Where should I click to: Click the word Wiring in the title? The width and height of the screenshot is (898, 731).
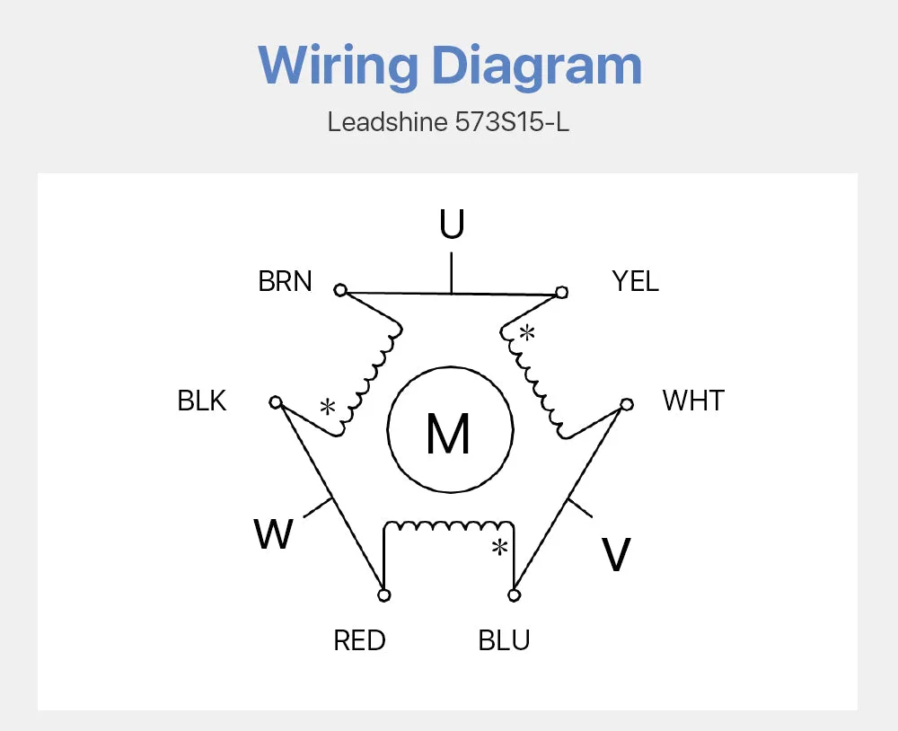tap(338, 66)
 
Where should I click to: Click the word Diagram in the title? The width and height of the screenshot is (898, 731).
tap(537, 66)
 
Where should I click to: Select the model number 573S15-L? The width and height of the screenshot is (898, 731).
tap(512, 122)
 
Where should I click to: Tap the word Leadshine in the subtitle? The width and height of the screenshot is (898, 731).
tap(387, 122)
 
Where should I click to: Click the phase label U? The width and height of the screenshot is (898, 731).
tap(452, 224)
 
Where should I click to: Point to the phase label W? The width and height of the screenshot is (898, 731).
tap(273, 534)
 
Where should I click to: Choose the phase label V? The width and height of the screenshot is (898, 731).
tap(616, 555)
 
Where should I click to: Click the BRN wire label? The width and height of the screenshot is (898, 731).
tap(285, 281)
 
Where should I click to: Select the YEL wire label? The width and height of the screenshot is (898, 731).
tap(635, 281)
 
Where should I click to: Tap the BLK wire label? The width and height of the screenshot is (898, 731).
tap(201, 401)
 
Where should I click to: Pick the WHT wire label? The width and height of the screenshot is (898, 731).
tap(693, 401)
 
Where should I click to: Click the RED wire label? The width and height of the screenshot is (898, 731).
tap(360, 640)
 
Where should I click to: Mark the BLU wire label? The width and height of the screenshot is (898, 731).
tap(504, 640)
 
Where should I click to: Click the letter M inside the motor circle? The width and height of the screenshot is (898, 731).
tap(448, 433)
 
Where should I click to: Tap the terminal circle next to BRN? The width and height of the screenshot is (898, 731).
tap(340, 290)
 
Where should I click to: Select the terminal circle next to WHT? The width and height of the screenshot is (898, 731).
tap(627, 404)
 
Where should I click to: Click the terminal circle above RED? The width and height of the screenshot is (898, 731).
tap(384, 595)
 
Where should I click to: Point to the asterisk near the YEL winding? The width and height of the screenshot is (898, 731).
tap(527, 333)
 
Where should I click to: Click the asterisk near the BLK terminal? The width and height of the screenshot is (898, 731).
tap(328, 408)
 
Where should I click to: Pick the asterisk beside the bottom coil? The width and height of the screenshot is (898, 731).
tap(500, 548)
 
